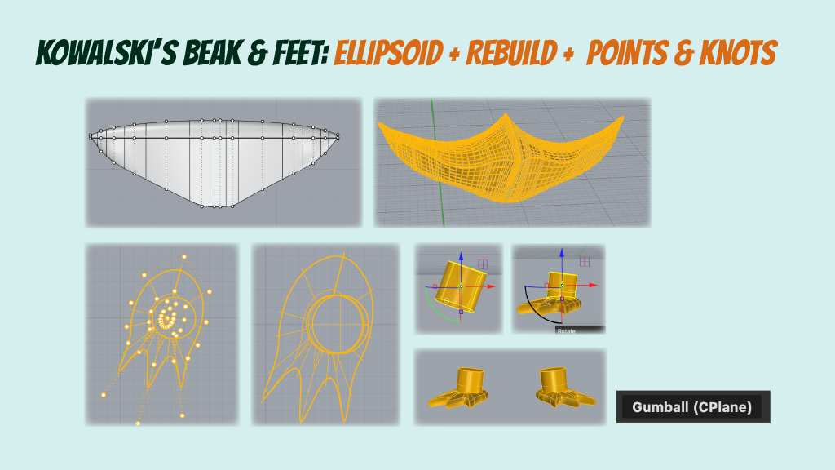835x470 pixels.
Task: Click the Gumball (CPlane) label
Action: click(692, 406)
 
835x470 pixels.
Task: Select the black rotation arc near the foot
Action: click(530, 310)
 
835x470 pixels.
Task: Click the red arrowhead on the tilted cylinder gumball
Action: click(499, 287)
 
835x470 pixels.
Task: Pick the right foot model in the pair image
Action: click(563, 391)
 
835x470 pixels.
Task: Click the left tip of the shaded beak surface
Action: click(91, 136)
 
